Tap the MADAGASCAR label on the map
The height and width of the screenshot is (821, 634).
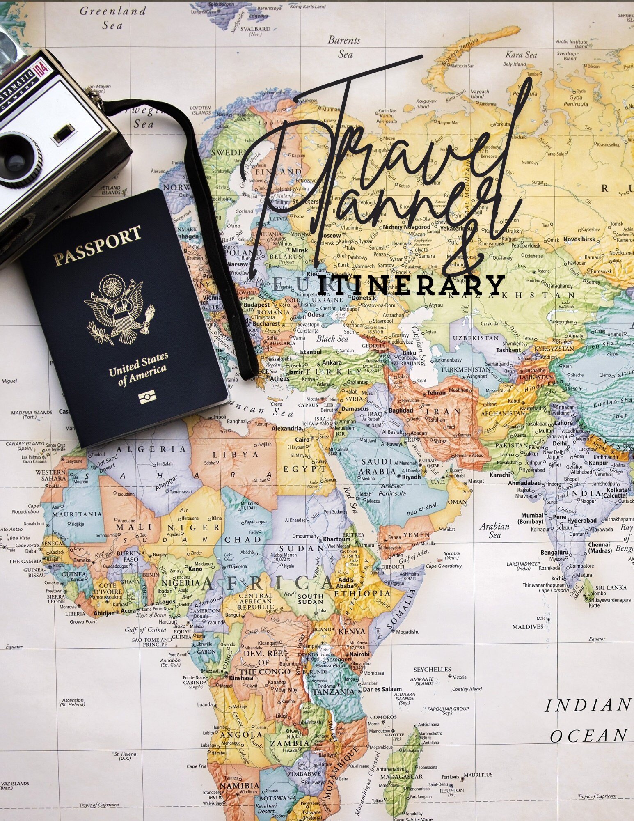[401, 777]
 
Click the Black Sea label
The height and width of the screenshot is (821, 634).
[332, 339]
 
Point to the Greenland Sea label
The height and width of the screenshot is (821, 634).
[113, 18]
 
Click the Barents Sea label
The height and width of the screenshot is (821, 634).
[344, 47]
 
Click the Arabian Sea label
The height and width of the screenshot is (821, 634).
[494, 530]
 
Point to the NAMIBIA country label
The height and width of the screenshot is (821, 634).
[240, 786]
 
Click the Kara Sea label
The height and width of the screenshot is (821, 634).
[521, 55]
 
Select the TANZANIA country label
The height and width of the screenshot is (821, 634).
[334, 692]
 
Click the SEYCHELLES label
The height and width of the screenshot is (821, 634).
[432, 670]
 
